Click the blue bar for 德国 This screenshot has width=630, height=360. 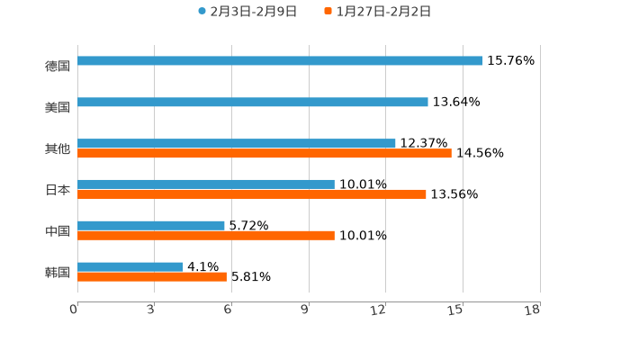tap(280, 61)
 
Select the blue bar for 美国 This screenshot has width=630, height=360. tap(253, 103)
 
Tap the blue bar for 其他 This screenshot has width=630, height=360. tap(237, 143)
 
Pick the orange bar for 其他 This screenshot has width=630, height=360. tap(265, 154)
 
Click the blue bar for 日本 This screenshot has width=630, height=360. tap(206, 184)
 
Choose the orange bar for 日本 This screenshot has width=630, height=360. tap(252, 194)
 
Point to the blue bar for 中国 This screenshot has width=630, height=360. tap(151, 225)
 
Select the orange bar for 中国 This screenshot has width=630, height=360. tap(206, 236)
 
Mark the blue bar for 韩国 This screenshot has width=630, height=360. tap(130, 266)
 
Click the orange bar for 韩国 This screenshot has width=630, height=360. tap(152, 277)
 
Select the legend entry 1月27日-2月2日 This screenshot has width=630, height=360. tap(383, 12)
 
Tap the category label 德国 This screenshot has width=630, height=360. tap(58, 66)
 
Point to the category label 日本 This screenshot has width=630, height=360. tap(58, 190)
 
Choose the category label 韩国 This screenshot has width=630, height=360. tap(58, 272)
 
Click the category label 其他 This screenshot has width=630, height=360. tap(58, 148)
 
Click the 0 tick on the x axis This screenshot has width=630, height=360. tap(75, 310)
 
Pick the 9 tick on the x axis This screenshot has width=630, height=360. tap(306, 310)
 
